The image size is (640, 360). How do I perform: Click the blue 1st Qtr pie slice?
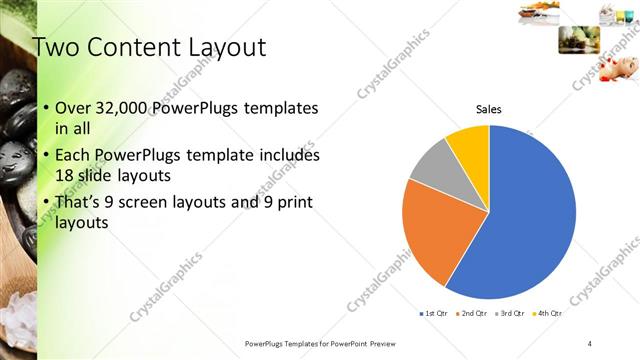point(530,215)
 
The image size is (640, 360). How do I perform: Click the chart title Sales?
point(488,109)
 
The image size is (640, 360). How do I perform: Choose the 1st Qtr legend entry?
point(432,314)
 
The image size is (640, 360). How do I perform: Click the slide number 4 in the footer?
point(590,343)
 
